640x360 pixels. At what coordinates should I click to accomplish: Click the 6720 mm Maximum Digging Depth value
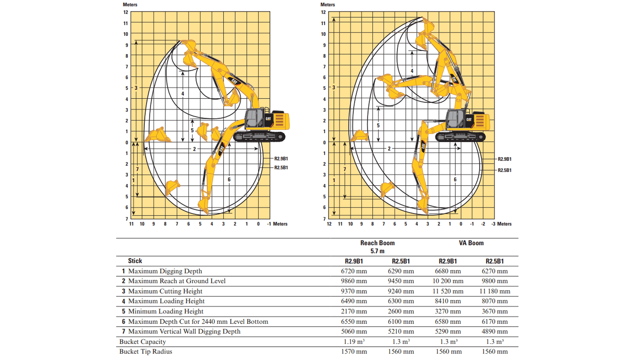point(354,271)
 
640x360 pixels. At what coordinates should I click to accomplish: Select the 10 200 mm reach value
point(448,281)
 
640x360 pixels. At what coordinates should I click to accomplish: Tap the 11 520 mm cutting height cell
point(448,291)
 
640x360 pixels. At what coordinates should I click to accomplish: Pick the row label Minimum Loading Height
point(166,311)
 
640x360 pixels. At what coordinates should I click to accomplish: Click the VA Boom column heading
point(471,243)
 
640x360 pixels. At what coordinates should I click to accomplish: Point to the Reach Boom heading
point(377,243)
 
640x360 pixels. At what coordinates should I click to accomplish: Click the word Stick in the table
point(135,261)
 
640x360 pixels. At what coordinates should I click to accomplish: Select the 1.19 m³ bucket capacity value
point(354,342)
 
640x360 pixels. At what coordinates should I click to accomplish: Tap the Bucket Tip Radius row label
point(146,352)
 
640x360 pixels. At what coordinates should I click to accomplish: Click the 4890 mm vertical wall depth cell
point(495,332)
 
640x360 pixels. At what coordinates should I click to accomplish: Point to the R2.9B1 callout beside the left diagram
point(281,159)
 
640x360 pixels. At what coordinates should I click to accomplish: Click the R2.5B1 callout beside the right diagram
point(504,170)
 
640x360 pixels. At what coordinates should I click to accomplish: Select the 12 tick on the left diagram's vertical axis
point(126,12)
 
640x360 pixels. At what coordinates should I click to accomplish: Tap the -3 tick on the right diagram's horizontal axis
point(493,224)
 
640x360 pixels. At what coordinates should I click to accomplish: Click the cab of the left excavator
point(255,119)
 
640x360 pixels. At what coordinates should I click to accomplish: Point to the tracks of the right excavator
point(460,136)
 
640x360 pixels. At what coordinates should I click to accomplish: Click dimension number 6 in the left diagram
point(229,180)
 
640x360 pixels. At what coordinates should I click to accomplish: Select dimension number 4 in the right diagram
point(412,71)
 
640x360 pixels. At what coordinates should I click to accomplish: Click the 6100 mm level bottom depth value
point(401,322)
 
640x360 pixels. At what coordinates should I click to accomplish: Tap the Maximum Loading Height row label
point(166,301)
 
